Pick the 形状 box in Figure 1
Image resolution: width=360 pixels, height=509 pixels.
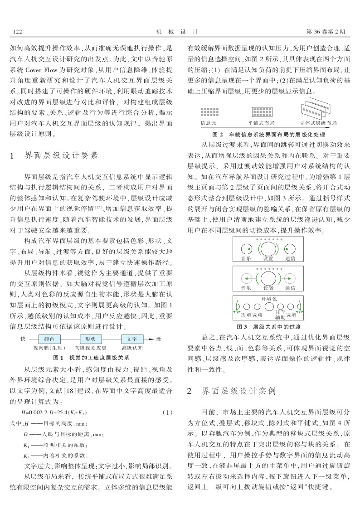pos(90,339)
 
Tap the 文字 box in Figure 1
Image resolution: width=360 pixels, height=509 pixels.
pos(132,339)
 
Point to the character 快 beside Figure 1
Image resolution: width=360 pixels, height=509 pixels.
pos(23,339)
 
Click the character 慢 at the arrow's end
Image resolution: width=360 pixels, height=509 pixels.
pos(158,339)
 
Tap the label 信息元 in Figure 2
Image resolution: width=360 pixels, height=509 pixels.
pos(209,123)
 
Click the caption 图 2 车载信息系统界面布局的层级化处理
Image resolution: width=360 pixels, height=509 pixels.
pos(269,135)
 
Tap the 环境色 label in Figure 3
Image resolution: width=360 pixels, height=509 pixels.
pos(269,299)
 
